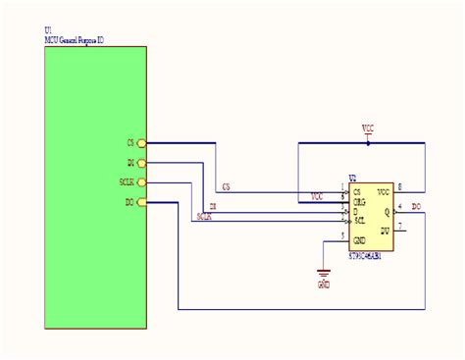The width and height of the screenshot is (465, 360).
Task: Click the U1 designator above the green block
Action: click(x=49, y=32)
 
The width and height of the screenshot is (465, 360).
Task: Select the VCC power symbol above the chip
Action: click(x=367, y=129)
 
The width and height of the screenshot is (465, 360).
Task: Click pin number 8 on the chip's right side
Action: click(x=398, y=186)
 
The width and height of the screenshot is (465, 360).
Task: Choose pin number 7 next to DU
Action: click(x=398, y=224)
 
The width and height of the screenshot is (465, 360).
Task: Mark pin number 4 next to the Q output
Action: click(x=398, y=205)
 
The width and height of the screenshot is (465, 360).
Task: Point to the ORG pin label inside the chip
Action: click(x=360, y=200)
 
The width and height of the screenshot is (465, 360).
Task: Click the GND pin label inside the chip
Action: click(x=361, y=239)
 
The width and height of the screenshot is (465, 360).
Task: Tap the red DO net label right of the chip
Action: click(x=417, y=205)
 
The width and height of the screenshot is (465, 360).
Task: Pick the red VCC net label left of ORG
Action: click(x=317, y=195)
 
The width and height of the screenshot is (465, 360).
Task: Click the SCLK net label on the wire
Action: click(x=204, y=217)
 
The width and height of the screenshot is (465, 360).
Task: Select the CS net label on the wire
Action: click(x=227, y=185)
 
